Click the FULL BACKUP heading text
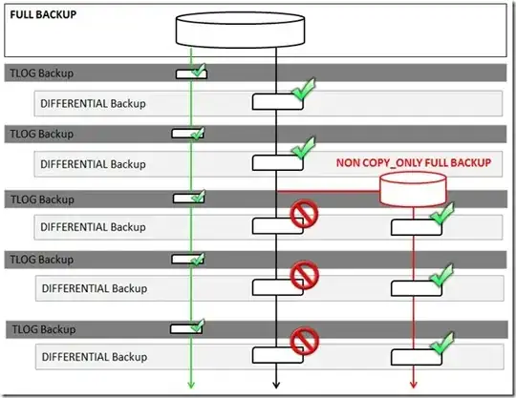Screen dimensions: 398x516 click(43, 16)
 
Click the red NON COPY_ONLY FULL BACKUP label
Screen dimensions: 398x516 click(413, 163)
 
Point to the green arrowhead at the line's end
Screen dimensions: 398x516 click(191, 385)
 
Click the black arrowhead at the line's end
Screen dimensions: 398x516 click(275, 385)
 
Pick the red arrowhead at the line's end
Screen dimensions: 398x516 click(413, 385)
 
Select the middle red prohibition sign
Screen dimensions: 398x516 click(304, 279)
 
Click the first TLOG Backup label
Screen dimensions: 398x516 click(40, 73)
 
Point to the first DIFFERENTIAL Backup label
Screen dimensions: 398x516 click(94, 101)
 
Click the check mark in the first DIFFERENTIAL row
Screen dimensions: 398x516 click(303, 91)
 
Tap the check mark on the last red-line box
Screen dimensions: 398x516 click(441, 342)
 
